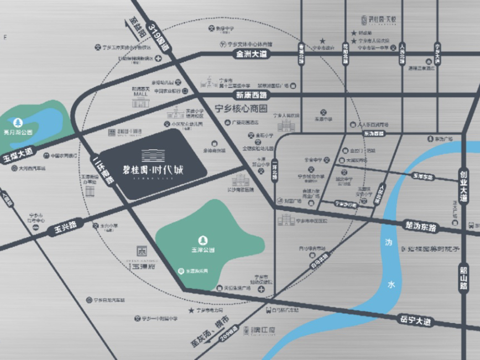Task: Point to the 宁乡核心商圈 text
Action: pos(240,108)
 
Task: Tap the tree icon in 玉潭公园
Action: pos(202,239)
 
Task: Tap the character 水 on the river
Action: pos(391,285)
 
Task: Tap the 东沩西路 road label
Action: pos(374,133)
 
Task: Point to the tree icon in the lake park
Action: pos(19,122)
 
